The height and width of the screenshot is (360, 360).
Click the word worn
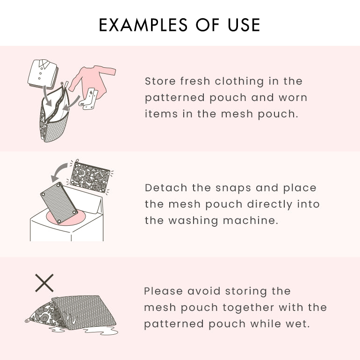coord(293,98)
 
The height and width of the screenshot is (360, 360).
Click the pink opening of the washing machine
coord(65,220)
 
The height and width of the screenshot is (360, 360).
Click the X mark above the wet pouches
coord(44,283)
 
